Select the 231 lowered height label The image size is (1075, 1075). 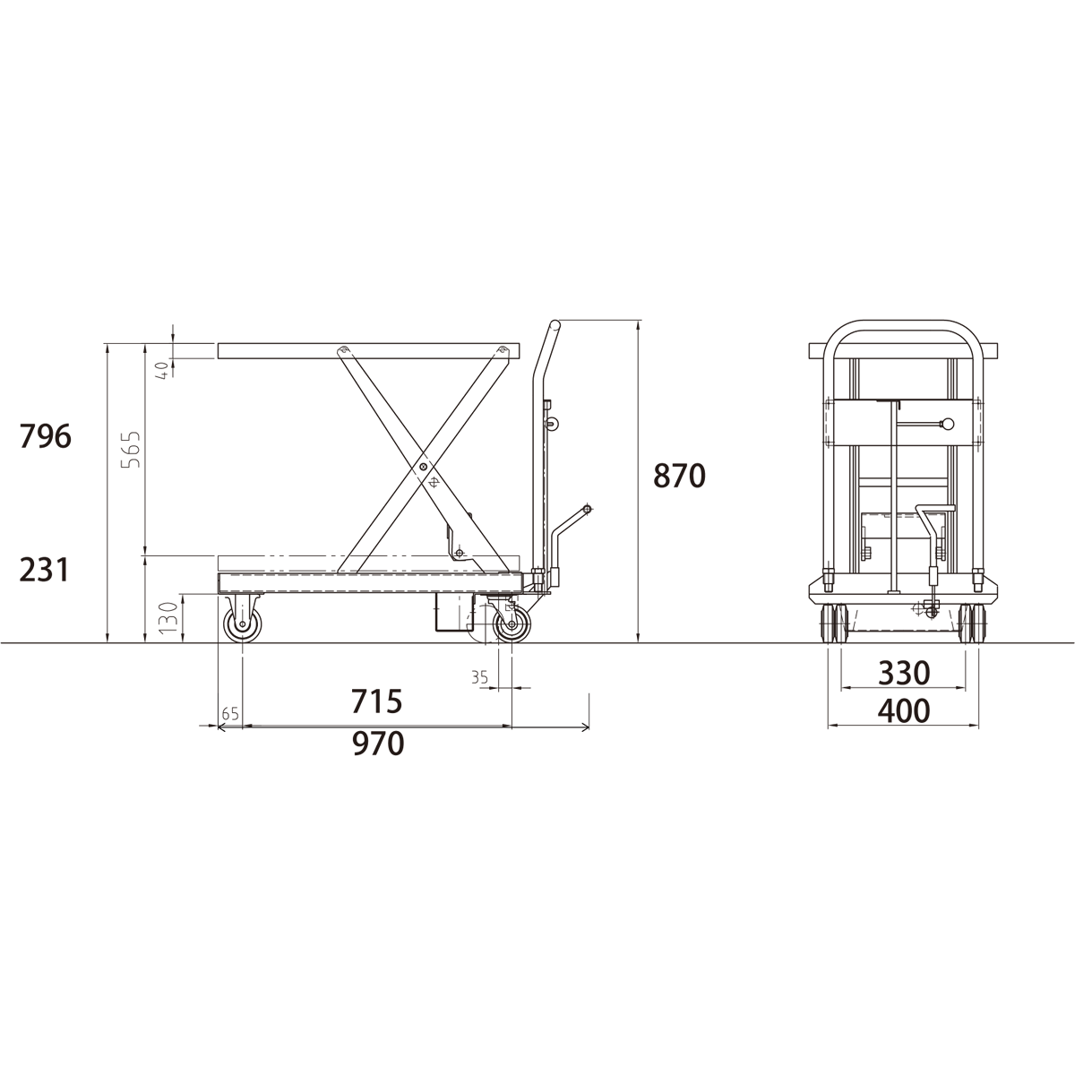click(x=44, y=570)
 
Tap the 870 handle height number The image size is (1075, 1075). click(x=679, y=476)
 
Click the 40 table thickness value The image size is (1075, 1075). click(x=162, y=370)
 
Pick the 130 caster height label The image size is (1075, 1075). click(x=169, y=617)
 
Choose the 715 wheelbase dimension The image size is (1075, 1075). click(x=376, y=701)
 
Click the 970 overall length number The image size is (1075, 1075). click(x=378, y=744)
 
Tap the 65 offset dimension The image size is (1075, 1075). click(x=230, y=713)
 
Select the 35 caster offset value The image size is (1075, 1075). click(x=480, y=677)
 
